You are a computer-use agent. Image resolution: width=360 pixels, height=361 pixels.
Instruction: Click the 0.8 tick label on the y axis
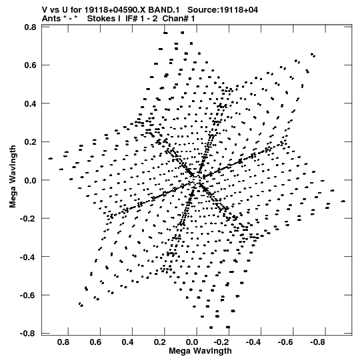pos(31,27)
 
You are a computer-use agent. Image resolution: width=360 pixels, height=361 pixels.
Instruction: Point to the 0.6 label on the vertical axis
pos(31,65)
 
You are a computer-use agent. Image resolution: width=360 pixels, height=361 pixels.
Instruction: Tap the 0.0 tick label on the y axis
pos(31,180)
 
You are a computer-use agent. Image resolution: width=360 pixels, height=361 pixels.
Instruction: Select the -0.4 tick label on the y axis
pos(28,257)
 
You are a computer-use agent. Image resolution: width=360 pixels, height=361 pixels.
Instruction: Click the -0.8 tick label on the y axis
pos(28,334)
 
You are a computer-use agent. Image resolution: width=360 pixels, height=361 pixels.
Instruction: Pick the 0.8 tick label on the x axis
pos(63,342)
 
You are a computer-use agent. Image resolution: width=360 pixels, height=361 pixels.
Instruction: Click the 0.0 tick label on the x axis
pos(192,342)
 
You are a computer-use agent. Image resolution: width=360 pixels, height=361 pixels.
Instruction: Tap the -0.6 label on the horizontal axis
pos(285,342)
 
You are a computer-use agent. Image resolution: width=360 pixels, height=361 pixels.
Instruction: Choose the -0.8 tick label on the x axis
pos(317,342)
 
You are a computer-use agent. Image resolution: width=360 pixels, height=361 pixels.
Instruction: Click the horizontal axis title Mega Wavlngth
pos(200,351)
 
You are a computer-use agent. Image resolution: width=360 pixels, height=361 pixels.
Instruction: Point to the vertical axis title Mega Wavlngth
pos(13,176)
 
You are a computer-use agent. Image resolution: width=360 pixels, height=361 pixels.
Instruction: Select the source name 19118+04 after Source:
pos(239,10)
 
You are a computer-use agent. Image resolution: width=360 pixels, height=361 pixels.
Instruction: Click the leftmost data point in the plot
pos(51,158)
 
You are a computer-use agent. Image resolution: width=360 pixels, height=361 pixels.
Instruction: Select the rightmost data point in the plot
pos(343,202)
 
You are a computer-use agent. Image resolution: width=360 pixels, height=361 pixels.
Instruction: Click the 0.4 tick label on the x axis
pos(127,342)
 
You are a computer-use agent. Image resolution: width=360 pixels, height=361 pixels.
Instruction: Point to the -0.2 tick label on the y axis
pos(28,218)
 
